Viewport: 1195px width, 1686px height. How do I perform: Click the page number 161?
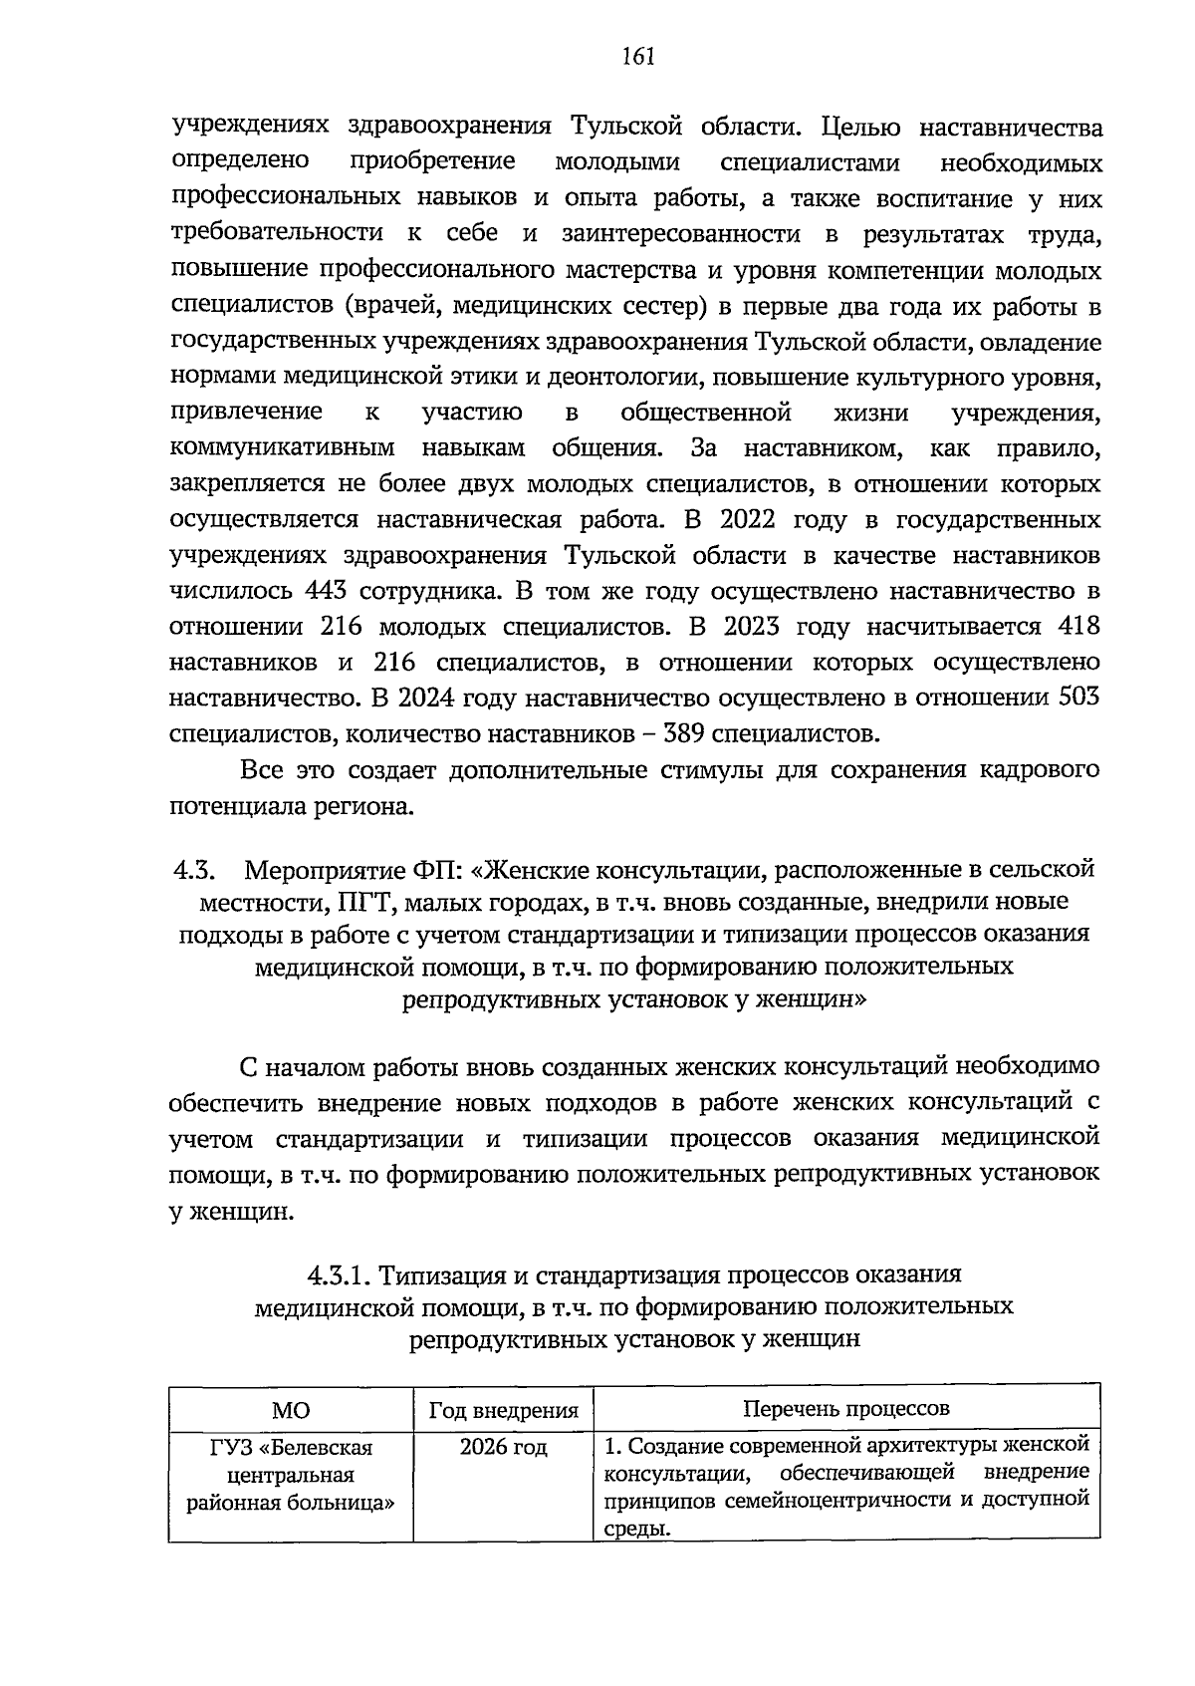coord(636,57)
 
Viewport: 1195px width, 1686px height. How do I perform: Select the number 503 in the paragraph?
coord(1078,699)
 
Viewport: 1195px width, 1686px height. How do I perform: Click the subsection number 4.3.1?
coord(339,1274)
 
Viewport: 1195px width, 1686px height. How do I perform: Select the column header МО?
coord(290,1410)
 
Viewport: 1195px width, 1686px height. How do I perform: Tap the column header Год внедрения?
coord(503,1410)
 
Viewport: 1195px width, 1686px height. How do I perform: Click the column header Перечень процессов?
coord(845,1408)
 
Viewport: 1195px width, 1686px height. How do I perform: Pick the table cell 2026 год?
coord(503,1447)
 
